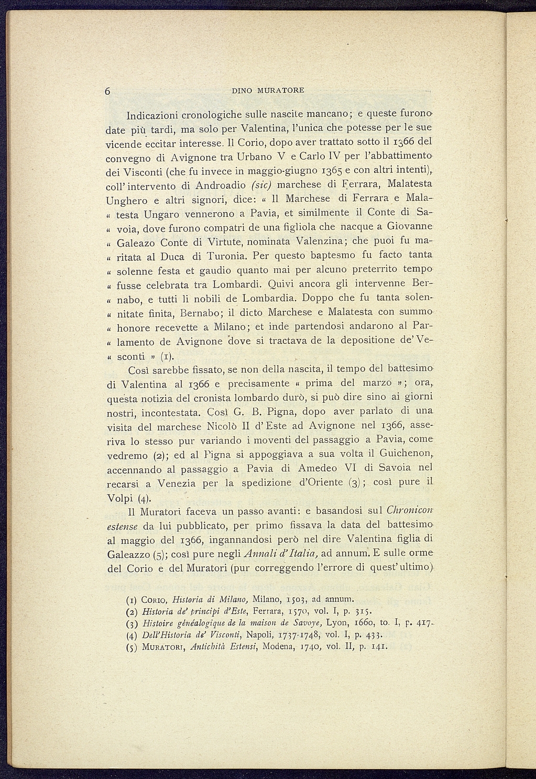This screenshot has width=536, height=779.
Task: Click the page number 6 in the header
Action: click(107, 91)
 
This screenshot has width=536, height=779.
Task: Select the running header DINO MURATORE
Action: click(268, 91)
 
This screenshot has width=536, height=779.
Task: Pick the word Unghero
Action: click(125, 201)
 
